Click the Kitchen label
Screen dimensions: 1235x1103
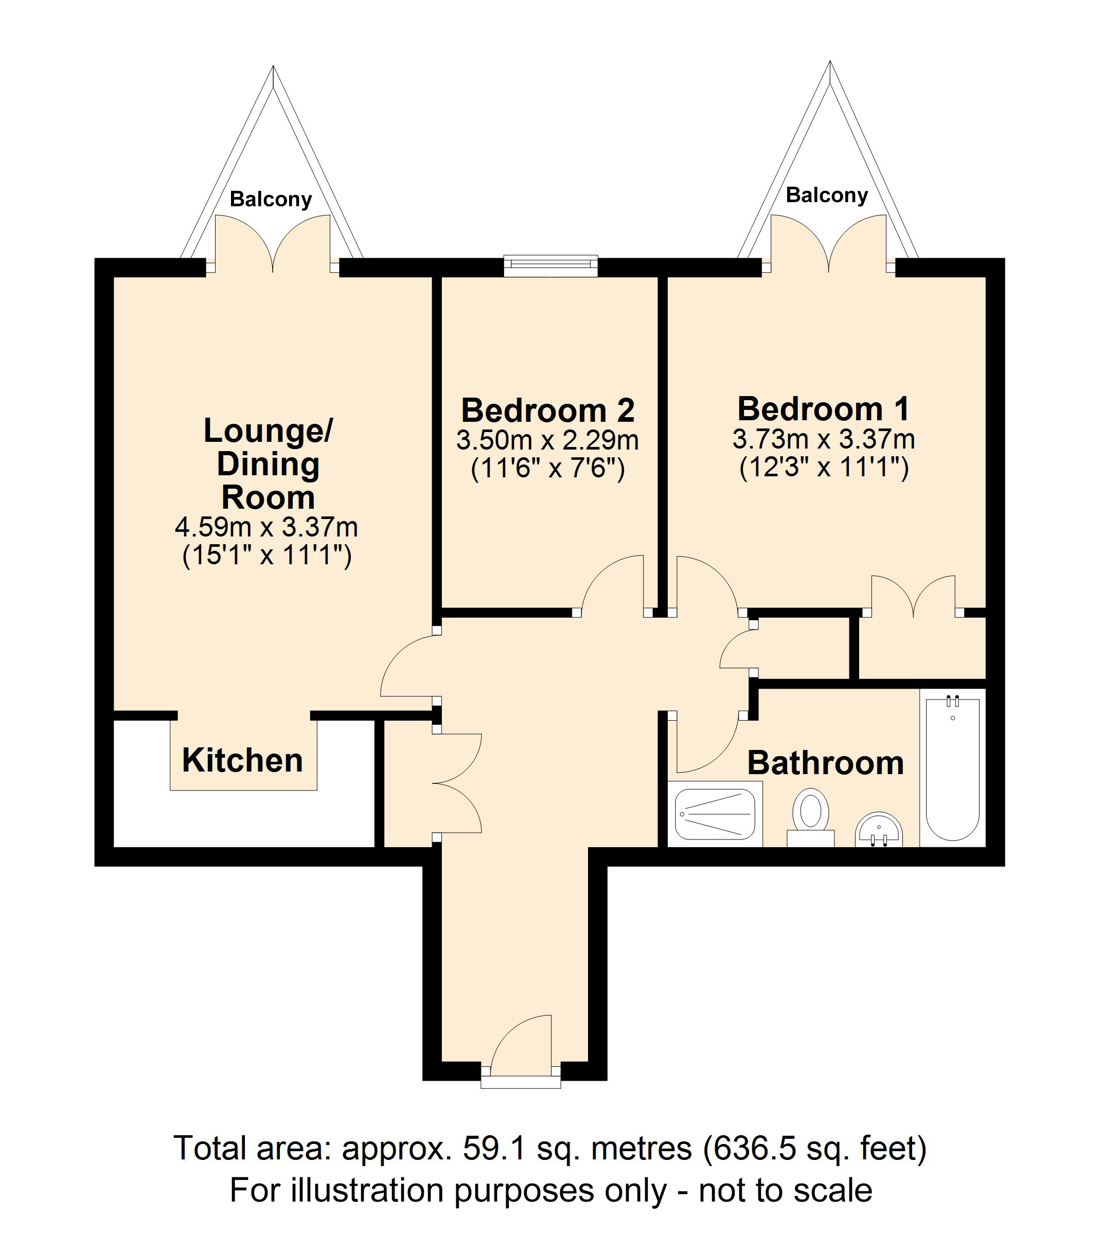click(x=242, y=761)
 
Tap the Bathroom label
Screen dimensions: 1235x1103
click(x=825, y=763)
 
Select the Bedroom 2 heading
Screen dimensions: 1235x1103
click(x=548, y=411)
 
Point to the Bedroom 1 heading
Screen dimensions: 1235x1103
click(x=824, y=409)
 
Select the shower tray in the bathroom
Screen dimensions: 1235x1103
click(x=715, y=814)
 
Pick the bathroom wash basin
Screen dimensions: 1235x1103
click(x=879, y=830)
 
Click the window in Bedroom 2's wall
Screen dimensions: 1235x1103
click(x=551, y=266)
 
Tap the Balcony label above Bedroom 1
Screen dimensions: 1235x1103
click(x=827, y=195)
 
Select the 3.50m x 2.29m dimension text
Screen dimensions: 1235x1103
click(x=548, y=440)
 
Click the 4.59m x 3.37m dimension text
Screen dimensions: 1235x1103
click(x=266, y=527)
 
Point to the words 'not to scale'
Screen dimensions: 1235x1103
click(x=786, y=1190)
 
